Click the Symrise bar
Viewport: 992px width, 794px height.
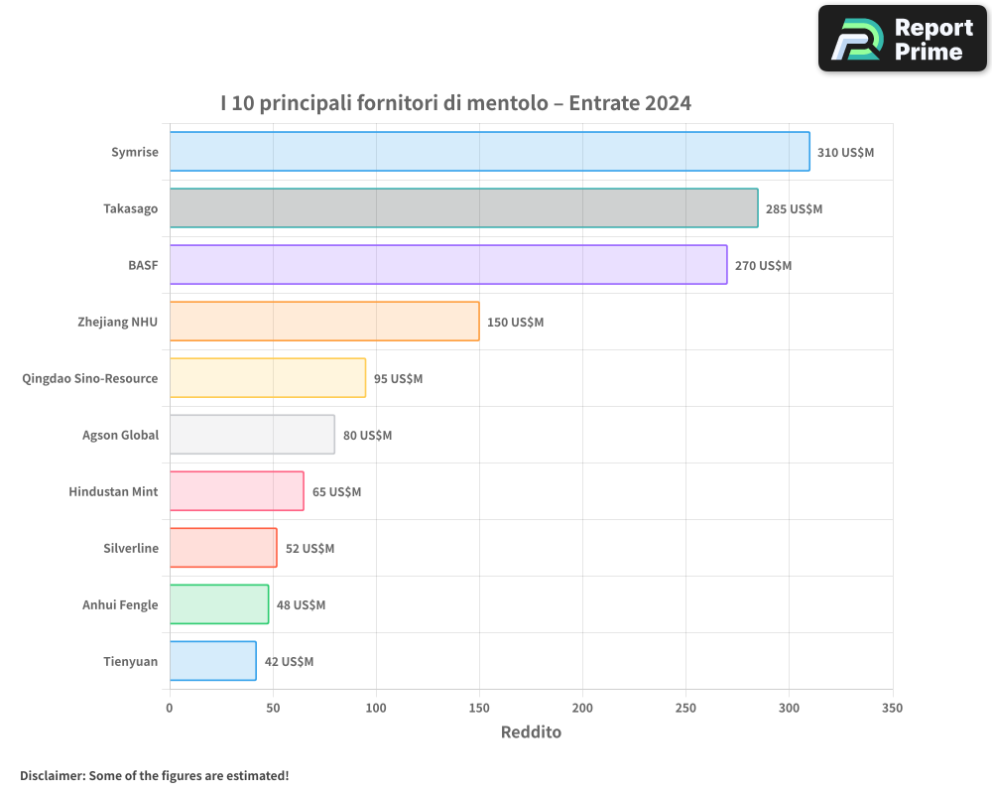(x=489, y=152)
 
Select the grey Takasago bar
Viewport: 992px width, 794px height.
(x=463, y=208)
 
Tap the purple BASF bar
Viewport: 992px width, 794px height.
(x=448, y=265)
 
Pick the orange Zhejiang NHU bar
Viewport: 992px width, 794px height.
(x=324, y=322)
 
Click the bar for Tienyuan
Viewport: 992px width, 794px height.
(x=212, y=661)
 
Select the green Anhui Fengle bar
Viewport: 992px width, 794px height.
(x=218, y=604)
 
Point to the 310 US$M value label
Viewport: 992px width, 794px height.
(x=845, y=153)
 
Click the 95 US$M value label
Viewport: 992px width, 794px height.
(x=398, y=379)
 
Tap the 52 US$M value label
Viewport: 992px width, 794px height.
(x=310, y=549)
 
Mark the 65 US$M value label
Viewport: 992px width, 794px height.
(x=336, y=492)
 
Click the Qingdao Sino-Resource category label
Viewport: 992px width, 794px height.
(x=90, y=378)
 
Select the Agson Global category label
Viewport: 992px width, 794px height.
(x=120, y=435)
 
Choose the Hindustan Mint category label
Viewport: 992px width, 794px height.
(x=113, y=491)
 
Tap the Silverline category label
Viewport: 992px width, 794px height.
(x=131, y=548)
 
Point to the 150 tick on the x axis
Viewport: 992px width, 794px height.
(x=479, y=708)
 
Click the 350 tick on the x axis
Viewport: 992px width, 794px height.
(x=892, y=708)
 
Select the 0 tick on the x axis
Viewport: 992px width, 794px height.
(x=170, y=708)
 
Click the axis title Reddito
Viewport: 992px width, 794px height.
(x=531, y=732)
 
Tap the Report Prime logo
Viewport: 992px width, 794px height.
(x=903, y=39)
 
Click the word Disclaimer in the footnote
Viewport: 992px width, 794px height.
(x=52, y=775)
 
